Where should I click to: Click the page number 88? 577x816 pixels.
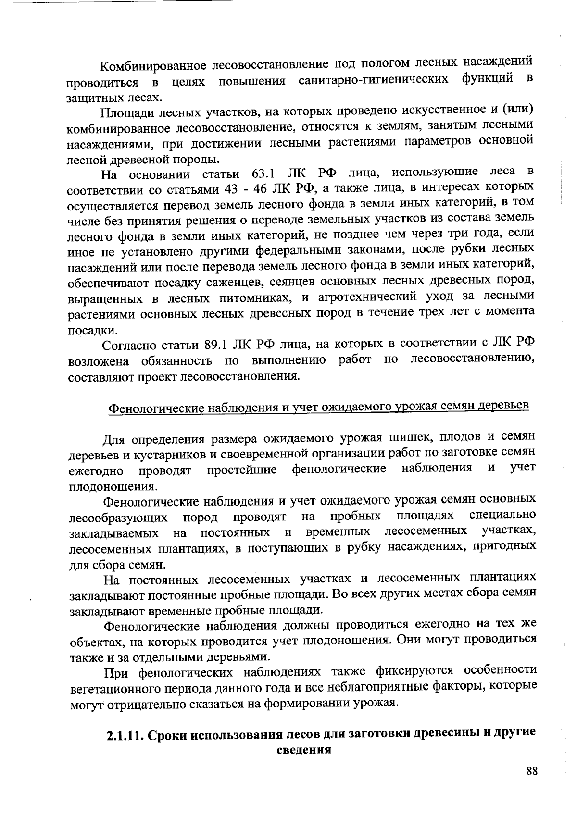[531, 771]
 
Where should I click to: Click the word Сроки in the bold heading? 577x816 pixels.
[166, 736]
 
